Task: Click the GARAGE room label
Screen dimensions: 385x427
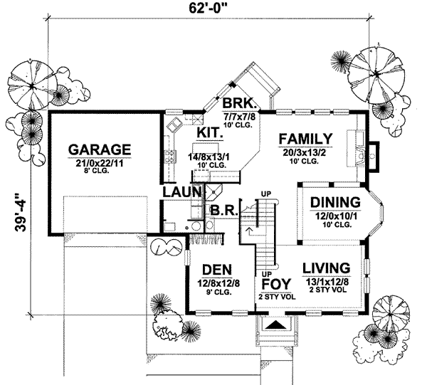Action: [100, 149]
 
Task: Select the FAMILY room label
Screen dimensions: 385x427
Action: [305, 138]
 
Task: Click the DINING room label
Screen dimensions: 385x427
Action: [332, 201]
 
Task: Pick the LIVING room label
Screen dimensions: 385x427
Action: [326, 268]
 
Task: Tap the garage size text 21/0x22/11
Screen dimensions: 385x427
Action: [100, 162]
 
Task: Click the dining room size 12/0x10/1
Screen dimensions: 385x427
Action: [332, 214]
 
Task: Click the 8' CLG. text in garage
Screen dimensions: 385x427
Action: [100, 172]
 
